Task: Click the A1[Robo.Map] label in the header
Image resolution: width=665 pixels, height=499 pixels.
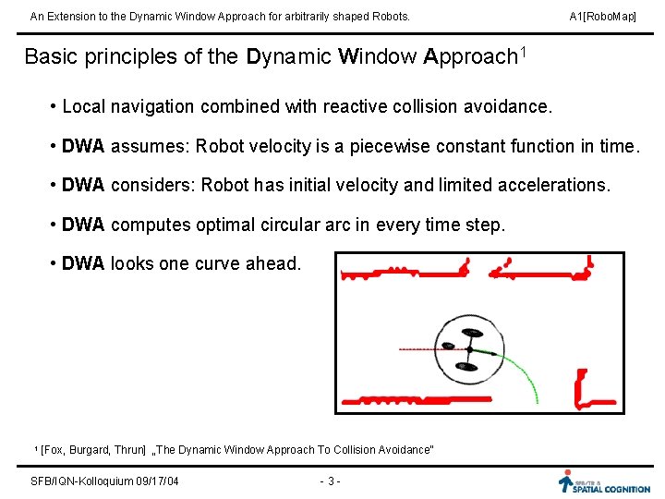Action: tap(602, 17)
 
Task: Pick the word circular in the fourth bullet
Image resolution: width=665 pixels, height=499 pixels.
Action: tap(308, 225)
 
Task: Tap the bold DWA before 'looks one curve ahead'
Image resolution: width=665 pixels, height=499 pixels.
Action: tap(83, 263)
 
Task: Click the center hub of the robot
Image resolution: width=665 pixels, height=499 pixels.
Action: tap(469, 350)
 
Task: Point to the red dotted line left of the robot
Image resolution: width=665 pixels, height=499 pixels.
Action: tap(420, 349)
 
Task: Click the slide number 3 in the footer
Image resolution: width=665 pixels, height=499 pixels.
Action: tap(331, 481)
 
